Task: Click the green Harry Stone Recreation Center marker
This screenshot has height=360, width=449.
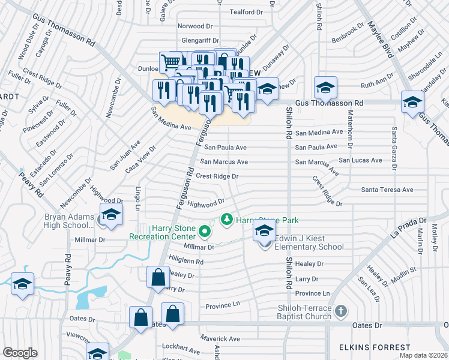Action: [x=205, y=230]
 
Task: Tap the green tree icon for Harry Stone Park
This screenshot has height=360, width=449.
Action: [x=227, y=220]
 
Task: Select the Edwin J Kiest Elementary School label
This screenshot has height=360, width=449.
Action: [x=309, y=247]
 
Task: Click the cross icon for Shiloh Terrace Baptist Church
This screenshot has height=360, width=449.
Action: [x=341, y=311]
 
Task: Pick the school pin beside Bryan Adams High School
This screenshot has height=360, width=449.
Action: [x=111, y=215]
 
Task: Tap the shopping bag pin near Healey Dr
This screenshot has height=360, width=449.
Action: [x=157, y=278]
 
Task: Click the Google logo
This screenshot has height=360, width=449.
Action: [x=20, y=352]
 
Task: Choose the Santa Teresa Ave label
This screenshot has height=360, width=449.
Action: [x=387, y=190]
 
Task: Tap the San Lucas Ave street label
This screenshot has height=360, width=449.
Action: [x=360, y=160]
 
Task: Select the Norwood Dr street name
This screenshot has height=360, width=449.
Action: [x=194, y=26]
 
